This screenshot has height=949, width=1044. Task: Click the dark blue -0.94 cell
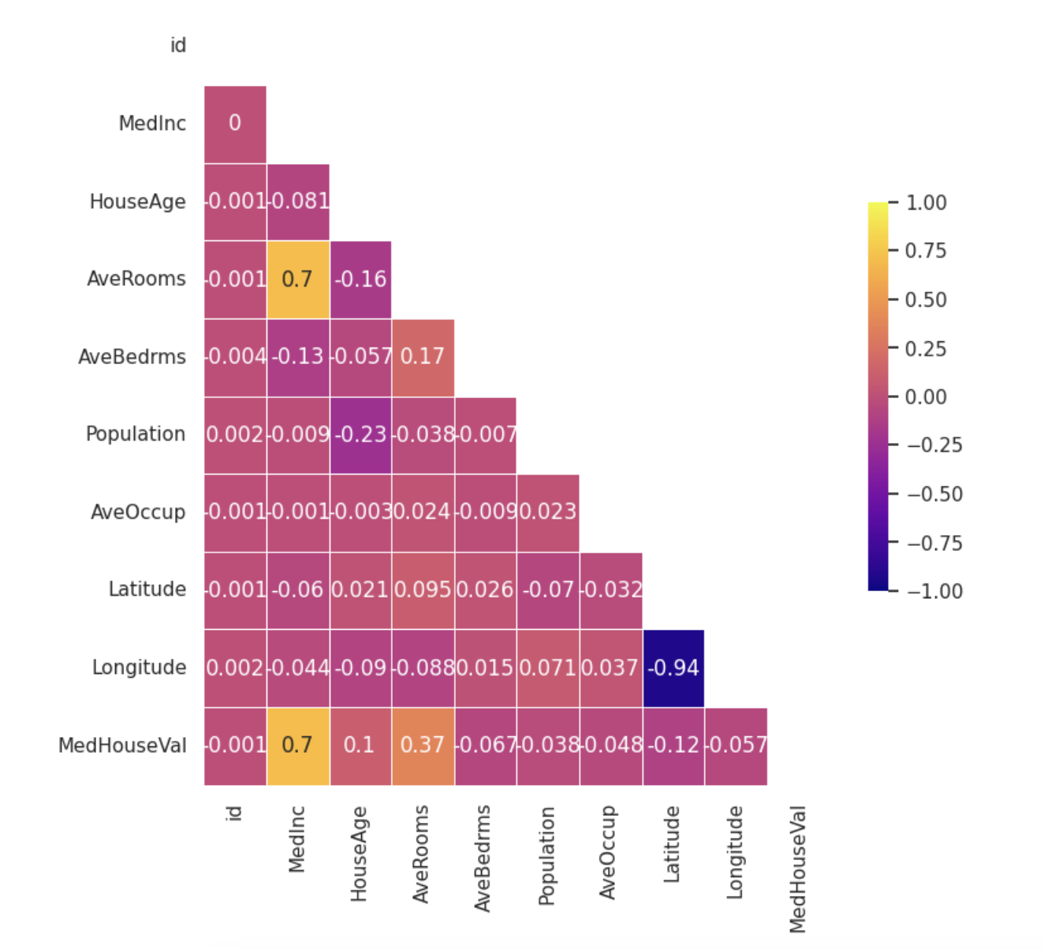[x=673, y=668]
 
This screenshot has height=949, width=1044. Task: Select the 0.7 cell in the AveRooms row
[x=298, y=280]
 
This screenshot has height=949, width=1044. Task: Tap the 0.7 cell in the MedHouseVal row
[x=298, y=746]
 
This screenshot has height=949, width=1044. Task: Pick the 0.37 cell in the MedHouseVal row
[x=423, y=746]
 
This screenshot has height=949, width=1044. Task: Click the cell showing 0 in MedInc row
[x=235, y=124]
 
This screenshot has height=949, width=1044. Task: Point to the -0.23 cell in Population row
[x=360, y=435]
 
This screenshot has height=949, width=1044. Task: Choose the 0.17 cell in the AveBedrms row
[x=423, y=357]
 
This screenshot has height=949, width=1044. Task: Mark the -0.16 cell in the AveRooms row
[x=360, y=280]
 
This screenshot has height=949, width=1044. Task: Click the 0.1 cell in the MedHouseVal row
[x=360, y=746]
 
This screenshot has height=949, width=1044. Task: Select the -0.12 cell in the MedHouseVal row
[x=673, y=746]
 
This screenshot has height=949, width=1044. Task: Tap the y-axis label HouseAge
[x=137, y=202]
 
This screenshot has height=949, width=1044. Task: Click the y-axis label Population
[x=136, y=434]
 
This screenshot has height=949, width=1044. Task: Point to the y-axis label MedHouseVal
[x=122, y=746]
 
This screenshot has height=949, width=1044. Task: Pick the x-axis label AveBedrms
[x=483, y=858]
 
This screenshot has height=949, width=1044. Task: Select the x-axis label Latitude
[x=671, y=844]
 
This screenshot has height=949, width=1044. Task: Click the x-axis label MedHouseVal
[x=797, y=869]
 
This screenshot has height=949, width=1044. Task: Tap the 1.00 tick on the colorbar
[x=926, y=203]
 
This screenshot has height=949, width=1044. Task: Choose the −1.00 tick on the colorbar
[x=934, y=591]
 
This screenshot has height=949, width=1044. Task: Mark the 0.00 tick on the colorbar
[x=926, y=397]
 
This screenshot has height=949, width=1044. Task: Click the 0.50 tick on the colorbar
[x=926, y=300]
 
